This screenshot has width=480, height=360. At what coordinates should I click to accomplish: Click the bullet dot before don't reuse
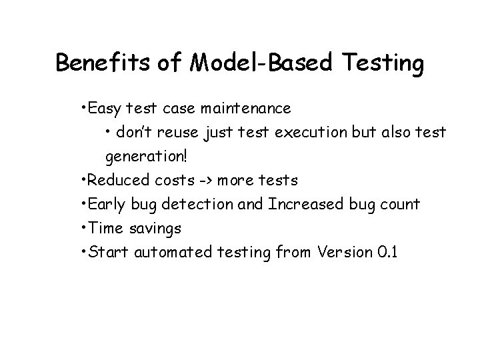tap(108, 133)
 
